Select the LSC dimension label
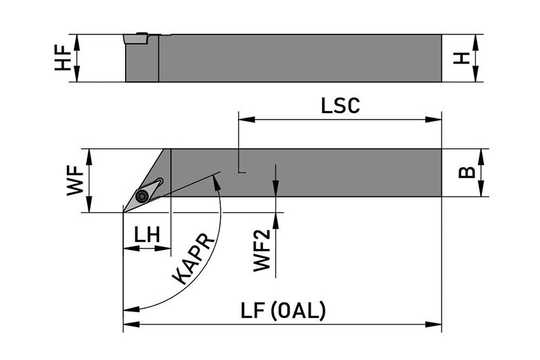pyautogui.click(x=341, y=105)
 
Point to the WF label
pyautogui.click(x=75, y=180)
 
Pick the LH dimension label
pyautogui.click(x=147, y=236)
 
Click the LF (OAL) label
pyautogui.click(x=283, y=311)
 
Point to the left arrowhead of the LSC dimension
pyautogui.click(x=243, y=119)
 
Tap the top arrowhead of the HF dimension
pyautogui.click(x=78, y=39)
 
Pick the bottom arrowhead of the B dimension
pyautogui.click(x=483, y=192)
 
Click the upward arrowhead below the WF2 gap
pyautogui.click(x=276, y=217)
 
